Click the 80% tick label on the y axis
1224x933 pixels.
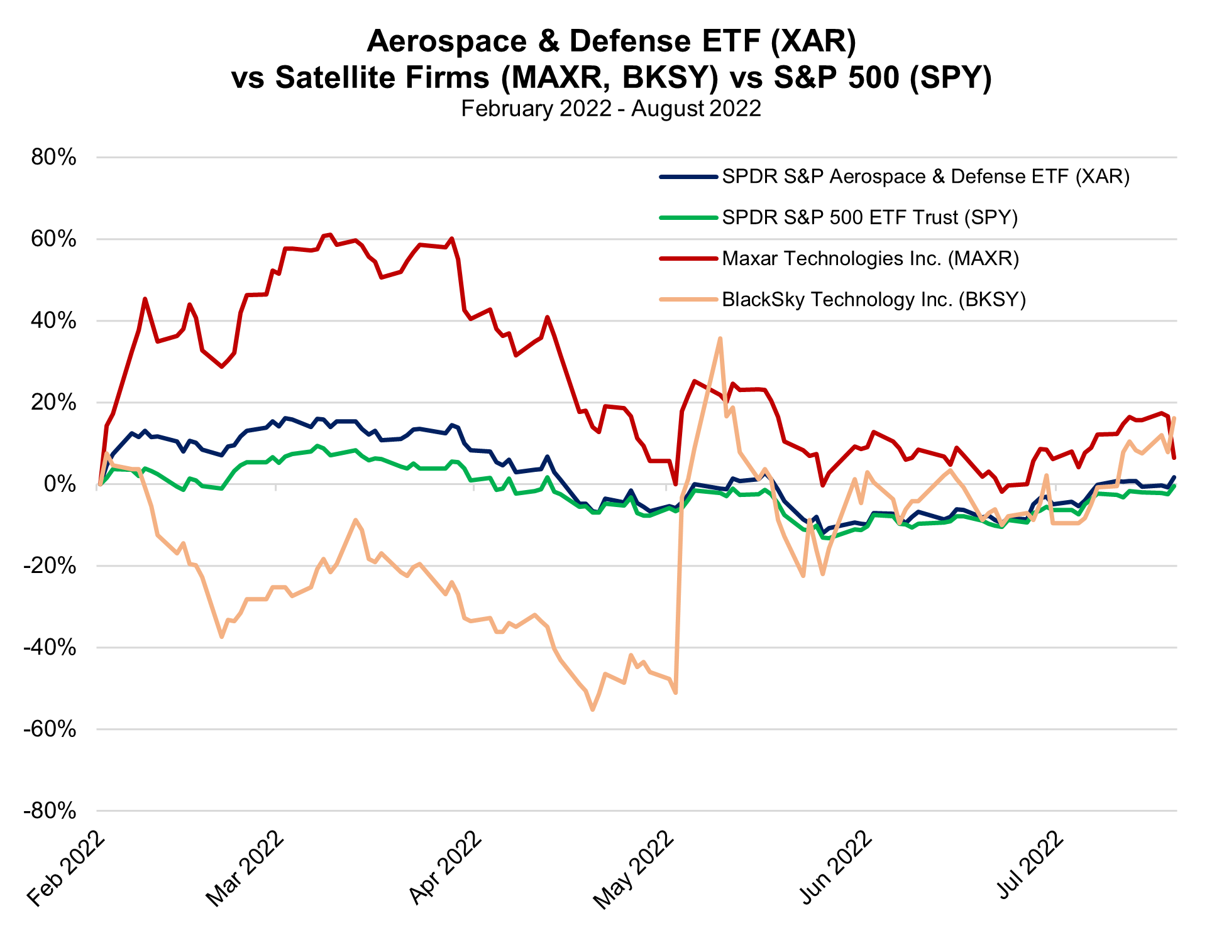coord(53,157)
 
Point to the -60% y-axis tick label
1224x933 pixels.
coord(50,729)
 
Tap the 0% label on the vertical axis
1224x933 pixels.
coord(60,484)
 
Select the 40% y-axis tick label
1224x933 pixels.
coord(53,321)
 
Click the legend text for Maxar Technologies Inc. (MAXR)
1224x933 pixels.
coord(870,258)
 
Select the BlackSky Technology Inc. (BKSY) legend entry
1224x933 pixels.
coord(874,299)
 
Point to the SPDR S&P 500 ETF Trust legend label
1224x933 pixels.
coord(869,217)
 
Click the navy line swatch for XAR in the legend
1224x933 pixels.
coord(688,177)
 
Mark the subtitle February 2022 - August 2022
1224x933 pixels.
coord(611,109)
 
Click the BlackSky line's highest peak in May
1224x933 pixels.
coord(720,339)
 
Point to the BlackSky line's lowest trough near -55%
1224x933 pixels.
coord(592,709)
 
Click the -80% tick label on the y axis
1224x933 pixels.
coord(50,811)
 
